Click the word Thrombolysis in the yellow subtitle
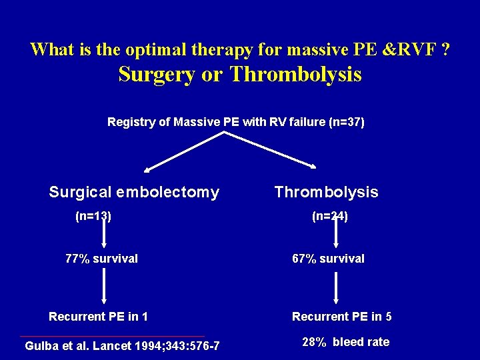(295, 75)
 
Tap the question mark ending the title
(444, 49)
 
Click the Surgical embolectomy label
(134, 193)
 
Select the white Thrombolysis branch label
(326, 193)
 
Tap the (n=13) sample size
(93, 216)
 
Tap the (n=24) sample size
(330, 216)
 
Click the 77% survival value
(101, 259)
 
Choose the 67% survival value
(329, 259)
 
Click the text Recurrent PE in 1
(99, 317)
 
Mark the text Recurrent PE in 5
(342, 317)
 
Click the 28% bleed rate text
(345, 342)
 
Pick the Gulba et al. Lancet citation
(122, 346)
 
